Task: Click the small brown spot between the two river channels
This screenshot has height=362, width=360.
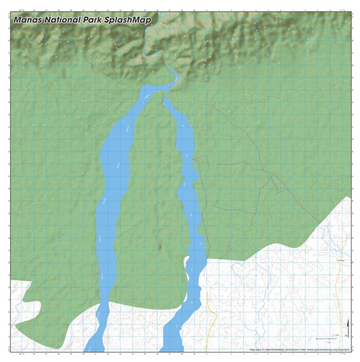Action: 161,247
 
